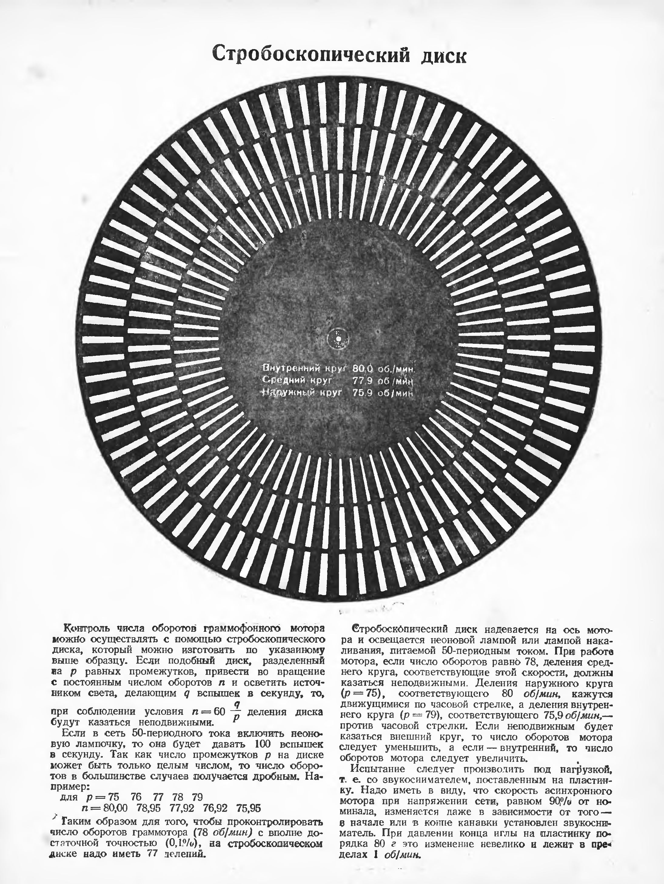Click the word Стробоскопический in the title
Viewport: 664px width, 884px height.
311,54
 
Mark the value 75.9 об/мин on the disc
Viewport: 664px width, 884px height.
382,393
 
